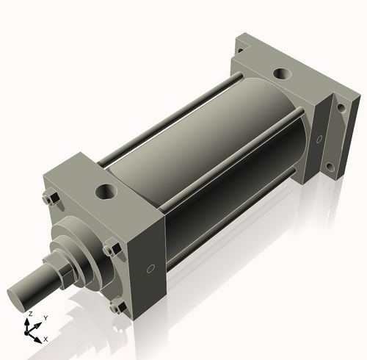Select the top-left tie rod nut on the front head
point(51,199)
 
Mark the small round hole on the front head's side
point(150,269)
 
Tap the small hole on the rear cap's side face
point(319,139)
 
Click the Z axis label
point(30,314)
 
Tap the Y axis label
point(46,318)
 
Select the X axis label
point(46,339)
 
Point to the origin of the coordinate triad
point(29,332)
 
